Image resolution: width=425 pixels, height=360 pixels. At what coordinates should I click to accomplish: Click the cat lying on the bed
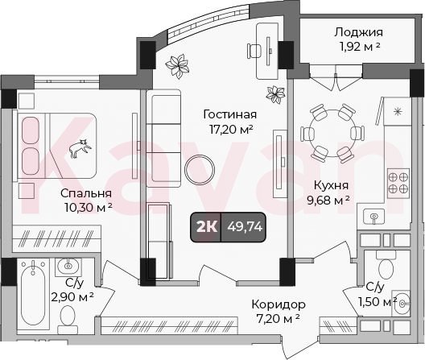[80, 148]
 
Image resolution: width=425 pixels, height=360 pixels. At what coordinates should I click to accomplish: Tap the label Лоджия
[358, 32]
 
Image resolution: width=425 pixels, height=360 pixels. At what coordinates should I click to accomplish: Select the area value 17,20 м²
[231, 129]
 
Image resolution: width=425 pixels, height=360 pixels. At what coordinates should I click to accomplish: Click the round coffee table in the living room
[200, 170]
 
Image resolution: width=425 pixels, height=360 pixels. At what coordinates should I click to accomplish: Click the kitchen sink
[374, 217]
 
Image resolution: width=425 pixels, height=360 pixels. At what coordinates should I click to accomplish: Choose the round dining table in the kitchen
[332, 134]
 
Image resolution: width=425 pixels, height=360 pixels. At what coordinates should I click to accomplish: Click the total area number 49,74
[245, 226]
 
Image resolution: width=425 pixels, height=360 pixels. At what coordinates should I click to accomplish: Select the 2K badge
[207, 226]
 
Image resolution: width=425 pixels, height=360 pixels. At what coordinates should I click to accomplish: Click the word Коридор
[279, 304]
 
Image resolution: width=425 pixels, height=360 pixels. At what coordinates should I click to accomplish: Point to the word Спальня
[86, 194]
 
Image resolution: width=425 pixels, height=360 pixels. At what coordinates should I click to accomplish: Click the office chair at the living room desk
[254, 50]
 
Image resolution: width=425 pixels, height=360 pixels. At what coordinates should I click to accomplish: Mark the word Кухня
[331, 186]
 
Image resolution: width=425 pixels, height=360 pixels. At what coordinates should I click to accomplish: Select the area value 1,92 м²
[359, 47]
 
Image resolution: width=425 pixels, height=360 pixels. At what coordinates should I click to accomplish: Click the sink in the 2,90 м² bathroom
[68, 267]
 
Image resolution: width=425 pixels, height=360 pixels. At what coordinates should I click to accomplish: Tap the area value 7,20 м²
[278, 318]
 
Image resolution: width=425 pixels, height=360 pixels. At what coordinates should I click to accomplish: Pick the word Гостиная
[230, 114]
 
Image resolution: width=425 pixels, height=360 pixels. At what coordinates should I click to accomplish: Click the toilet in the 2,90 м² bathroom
[68, 320]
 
